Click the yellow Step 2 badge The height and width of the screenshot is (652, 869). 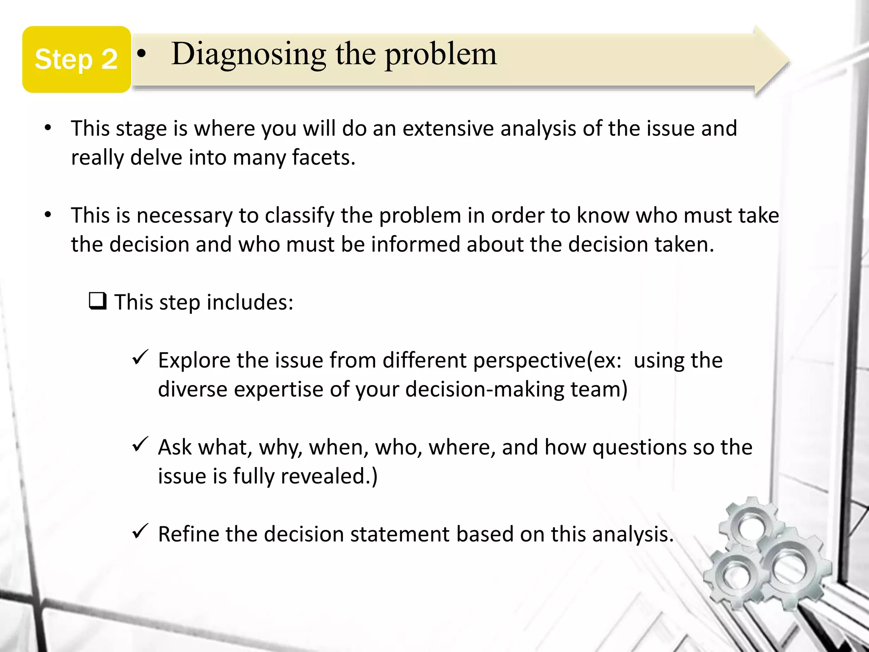point(76,59)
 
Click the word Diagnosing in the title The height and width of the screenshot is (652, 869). point(249,54)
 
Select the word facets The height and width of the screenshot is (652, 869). point(323,158)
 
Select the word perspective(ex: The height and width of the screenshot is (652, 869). point(547,361)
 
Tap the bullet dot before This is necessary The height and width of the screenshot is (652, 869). point(48,215)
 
